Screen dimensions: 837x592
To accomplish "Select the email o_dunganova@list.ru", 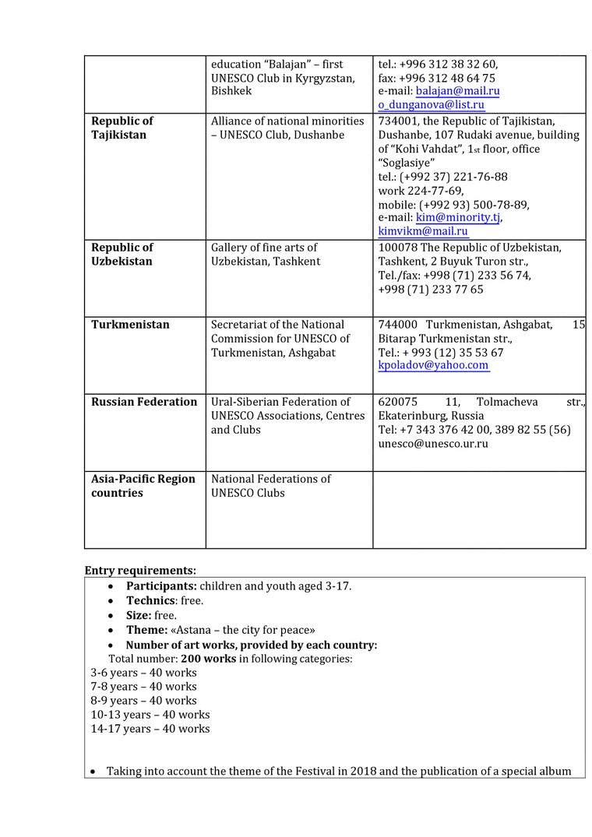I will coord(431,105).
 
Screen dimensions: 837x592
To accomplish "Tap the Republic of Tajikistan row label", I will coord(122,128).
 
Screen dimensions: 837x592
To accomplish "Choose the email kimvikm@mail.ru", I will coord(423,231).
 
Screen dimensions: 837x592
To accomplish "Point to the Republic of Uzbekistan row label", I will coord(122,255).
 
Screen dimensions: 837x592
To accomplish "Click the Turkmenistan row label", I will coord(130,325).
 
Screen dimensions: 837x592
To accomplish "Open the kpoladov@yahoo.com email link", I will coord(433,365).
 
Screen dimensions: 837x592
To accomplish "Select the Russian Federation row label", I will coord(144,402).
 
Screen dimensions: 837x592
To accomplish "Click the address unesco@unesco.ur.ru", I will coord(433,444).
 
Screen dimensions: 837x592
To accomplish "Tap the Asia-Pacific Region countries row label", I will coord(143,486).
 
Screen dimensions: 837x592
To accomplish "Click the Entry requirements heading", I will coord(140,570).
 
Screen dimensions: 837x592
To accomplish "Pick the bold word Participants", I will coord(161,586).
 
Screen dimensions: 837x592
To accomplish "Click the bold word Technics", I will coord(151,601).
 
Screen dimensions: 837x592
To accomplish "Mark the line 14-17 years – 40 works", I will coord(150,730).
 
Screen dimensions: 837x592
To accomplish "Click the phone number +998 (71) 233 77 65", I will coord(430,290).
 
